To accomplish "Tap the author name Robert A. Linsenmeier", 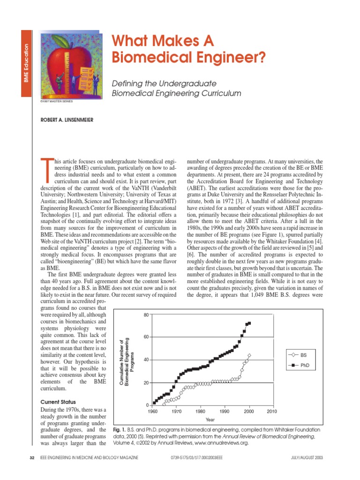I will click(67, 120).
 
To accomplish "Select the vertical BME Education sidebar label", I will click(27, 63).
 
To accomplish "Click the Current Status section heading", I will click(58, 402).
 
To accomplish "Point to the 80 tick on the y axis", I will click(146, 315).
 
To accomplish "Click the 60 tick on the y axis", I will click(146, 337).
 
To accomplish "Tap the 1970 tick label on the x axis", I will click(176, 412).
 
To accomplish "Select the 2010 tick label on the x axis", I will click(272, 412).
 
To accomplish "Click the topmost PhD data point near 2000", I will click(249, 323).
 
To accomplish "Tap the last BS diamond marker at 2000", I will click(249, 355).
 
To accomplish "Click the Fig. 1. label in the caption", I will click(120, 429).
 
